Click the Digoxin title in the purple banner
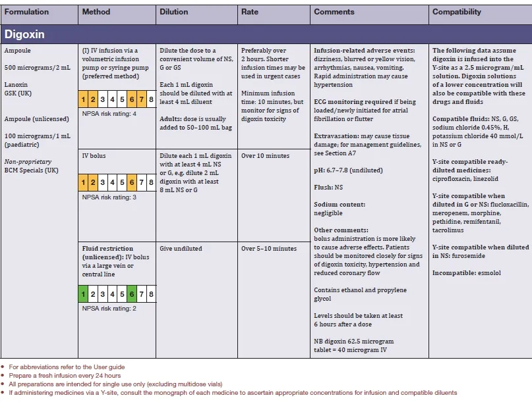point(24,34)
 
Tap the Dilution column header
point(174,12)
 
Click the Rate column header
point(250,12)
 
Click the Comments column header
point(334,12)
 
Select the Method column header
point(96,12)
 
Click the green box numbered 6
point(133,294)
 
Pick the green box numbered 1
point(84,294)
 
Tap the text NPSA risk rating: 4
point(109,113)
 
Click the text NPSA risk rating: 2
point(109,308)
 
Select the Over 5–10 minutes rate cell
point(269,249)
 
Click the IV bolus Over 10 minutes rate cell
point(265,156)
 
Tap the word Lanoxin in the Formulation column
point(16,85)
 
